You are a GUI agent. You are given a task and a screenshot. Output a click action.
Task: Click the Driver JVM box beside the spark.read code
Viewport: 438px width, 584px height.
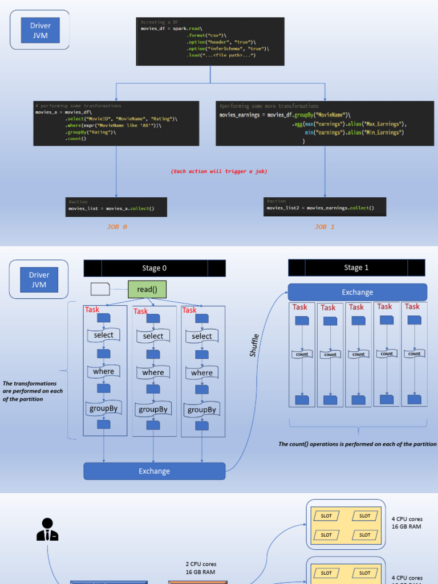40,30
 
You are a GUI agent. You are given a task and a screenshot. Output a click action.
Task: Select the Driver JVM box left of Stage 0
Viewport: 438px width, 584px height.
39,279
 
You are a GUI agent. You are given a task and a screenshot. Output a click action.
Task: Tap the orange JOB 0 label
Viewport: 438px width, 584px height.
117,226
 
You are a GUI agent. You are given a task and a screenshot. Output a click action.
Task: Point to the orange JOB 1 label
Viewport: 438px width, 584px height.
325,226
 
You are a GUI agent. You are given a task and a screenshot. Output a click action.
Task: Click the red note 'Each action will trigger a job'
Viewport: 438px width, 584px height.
219,171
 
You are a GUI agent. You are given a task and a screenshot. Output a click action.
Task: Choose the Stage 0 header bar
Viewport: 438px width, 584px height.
155,268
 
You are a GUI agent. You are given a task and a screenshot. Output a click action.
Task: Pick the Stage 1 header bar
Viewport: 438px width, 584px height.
356,267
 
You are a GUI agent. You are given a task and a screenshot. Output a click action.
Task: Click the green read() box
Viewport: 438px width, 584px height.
147,289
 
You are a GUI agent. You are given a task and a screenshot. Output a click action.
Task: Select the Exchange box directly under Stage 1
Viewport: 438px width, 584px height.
358,292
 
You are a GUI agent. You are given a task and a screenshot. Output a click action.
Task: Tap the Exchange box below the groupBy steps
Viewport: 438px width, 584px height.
155,471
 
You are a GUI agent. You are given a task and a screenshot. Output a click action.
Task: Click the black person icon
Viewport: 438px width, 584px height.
47,529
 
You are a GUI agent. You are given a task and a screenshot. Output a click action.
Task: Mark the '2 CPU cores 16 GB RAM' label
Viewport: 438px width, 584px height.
200,568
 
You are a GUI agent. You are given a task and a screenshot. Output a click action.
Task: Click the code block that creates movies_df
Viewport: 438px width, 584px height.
210,41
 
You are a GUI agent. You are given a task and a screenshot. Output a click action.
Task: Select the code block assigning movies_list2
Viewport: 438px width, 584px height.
325,206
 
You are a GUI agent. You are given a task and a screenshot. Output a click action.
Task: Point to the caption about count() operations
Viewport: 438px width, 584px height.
357,444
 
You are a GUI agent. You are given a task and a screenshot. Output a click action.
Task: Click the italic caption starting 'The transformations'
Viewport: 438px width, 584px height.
33,391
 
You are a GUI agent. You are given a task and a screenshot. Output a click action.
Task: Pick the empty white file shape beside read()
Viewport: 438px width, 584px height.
100,289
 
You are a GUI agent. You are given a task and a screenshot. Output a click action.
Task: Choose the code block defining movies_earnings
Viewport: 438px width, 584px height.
325,123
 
